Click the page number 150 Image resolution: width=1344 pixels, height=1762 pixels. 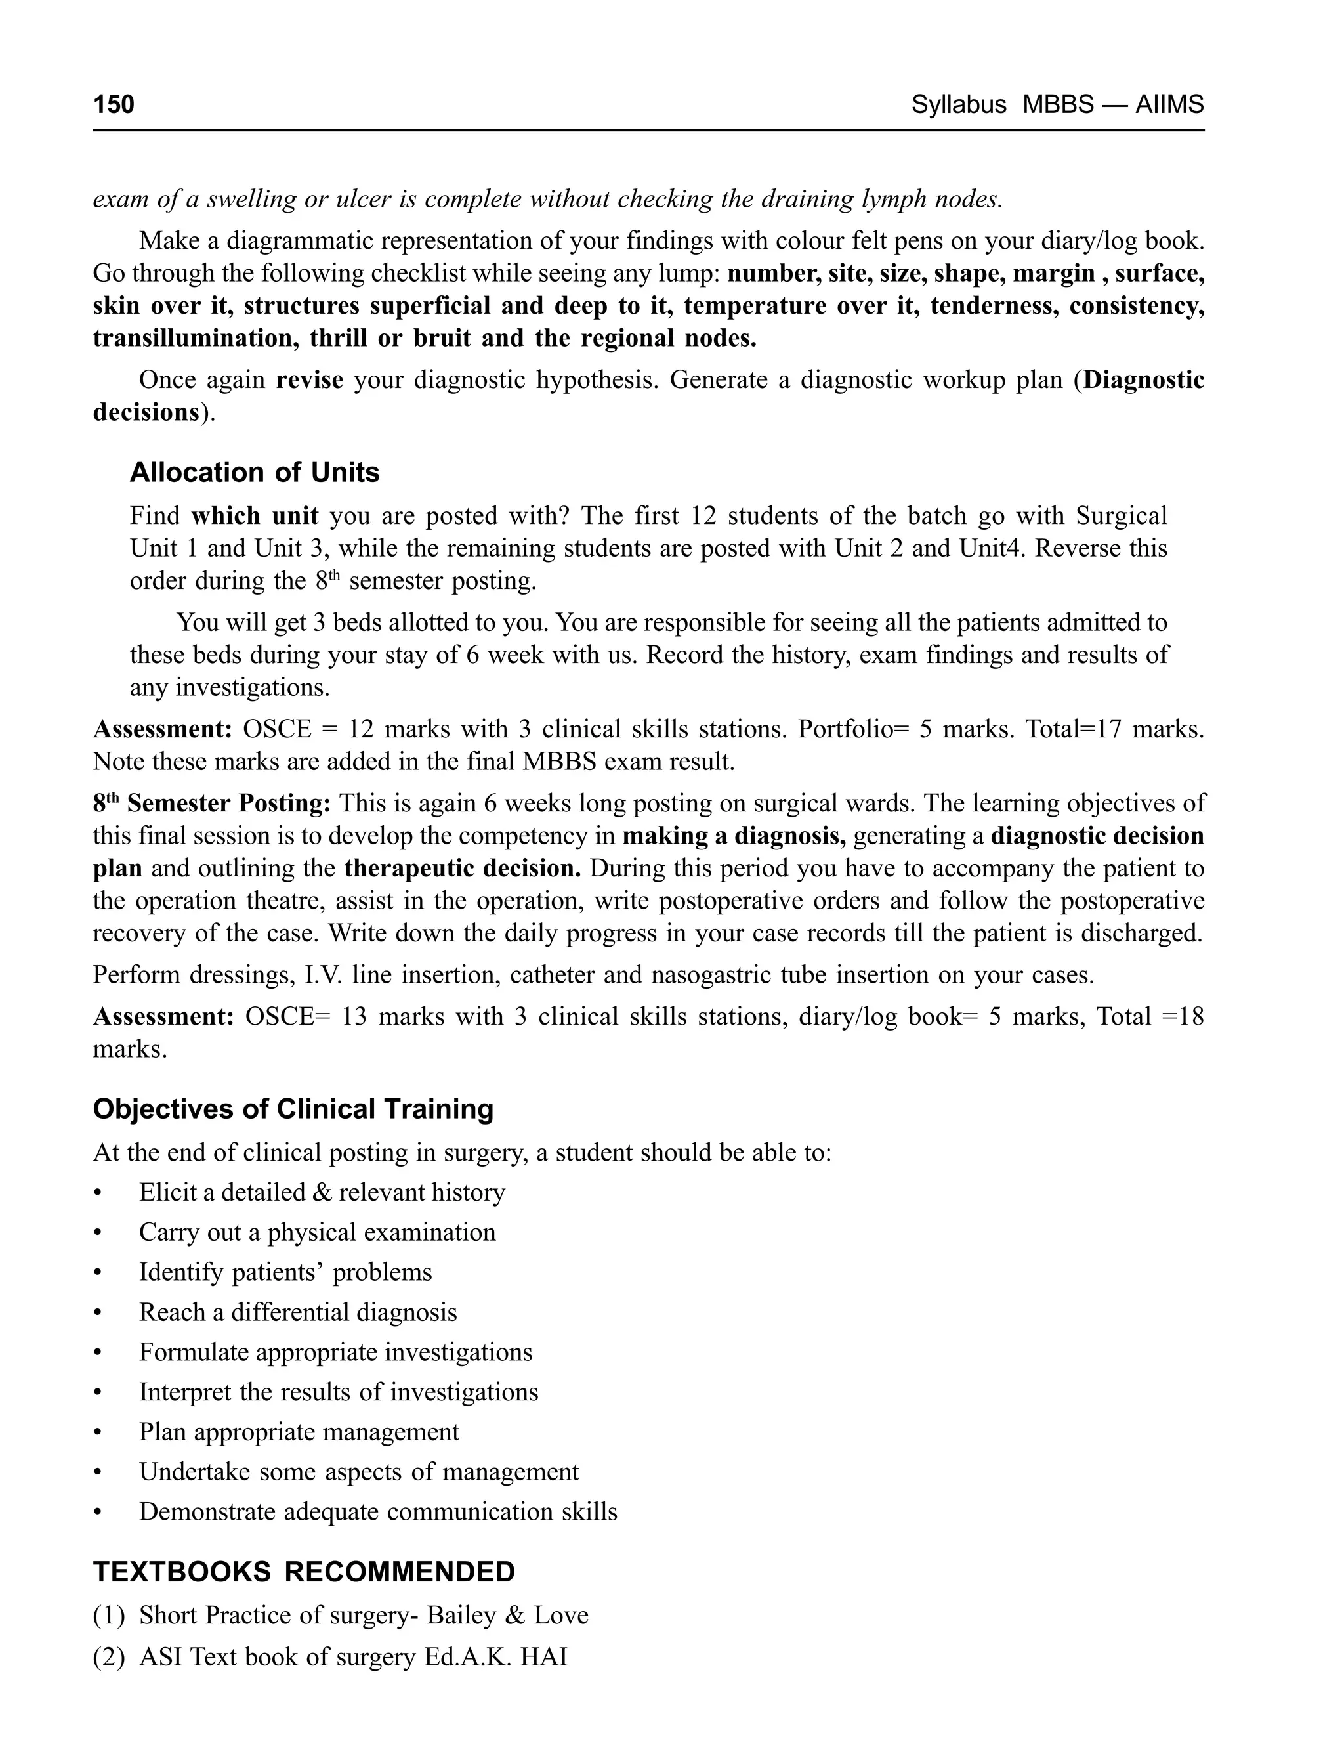(x=114, y=104)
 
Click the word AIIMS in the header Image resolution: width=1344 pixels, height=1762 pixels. (x=1169, y=104)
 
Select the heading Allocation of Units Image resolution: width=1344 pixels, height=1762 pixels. (x=255, y=472)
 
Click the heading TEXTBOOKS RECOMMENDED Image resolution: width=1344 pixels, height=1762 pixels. (x=304, y=1572)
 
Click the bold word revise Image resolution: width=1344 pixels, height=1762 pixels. (x=310, y=379)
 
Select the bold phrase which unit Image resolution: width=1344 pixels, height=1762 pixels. (x=255, y=515)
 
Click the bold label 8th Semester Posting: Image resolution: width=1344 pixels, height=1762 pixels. (x=212, y=804)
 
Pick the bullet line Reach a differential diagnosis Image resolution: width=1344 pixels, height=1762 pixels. (x=297, y=1312)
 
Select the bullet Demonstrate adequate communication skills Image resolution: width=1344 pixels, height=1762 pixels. (x=377, y=1511)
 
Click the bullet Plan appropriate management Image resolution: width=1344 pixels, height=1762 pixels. (x=299, y=1432)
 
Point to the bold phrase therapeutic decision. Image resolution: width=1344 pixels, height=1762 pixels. (x=463, y=868)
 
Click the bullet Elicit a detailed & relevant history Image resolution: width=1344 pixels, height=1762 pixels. (x=322, y=1192)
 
